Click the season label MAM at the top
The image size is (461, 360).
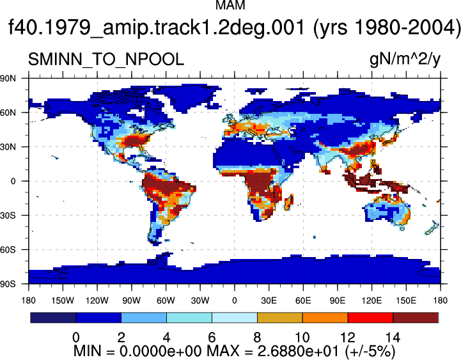click(230, 5)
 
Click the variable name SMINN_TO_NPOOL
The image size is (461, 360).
click(106, 59)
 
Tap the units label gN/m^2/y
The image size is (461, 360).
click(405, 59)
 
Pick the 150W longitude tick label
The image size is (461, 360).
click(63, 301)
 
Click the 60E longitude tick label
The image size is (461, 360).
click(303, 301)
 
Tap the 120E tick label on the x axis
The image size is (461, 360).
click(371, 301)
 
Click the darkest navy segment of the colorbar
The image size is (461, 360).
click(53, 318)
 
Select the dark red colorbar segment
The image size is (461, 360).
click(416, 318)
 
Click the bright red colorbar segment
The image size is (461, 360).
click(370, 318)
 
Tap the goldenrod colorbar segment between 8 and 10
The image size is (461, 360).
click(280, 318)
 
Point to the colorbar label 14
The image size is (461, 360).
click(393, 337)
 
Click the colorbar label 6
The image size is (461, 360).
click(212, 337)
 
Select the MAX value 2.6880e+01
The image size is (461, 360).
click(299, 351)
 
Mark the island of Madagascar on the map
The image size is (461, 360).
click(289, 202)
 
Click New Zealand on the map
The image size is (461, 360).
click(432, 228)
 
